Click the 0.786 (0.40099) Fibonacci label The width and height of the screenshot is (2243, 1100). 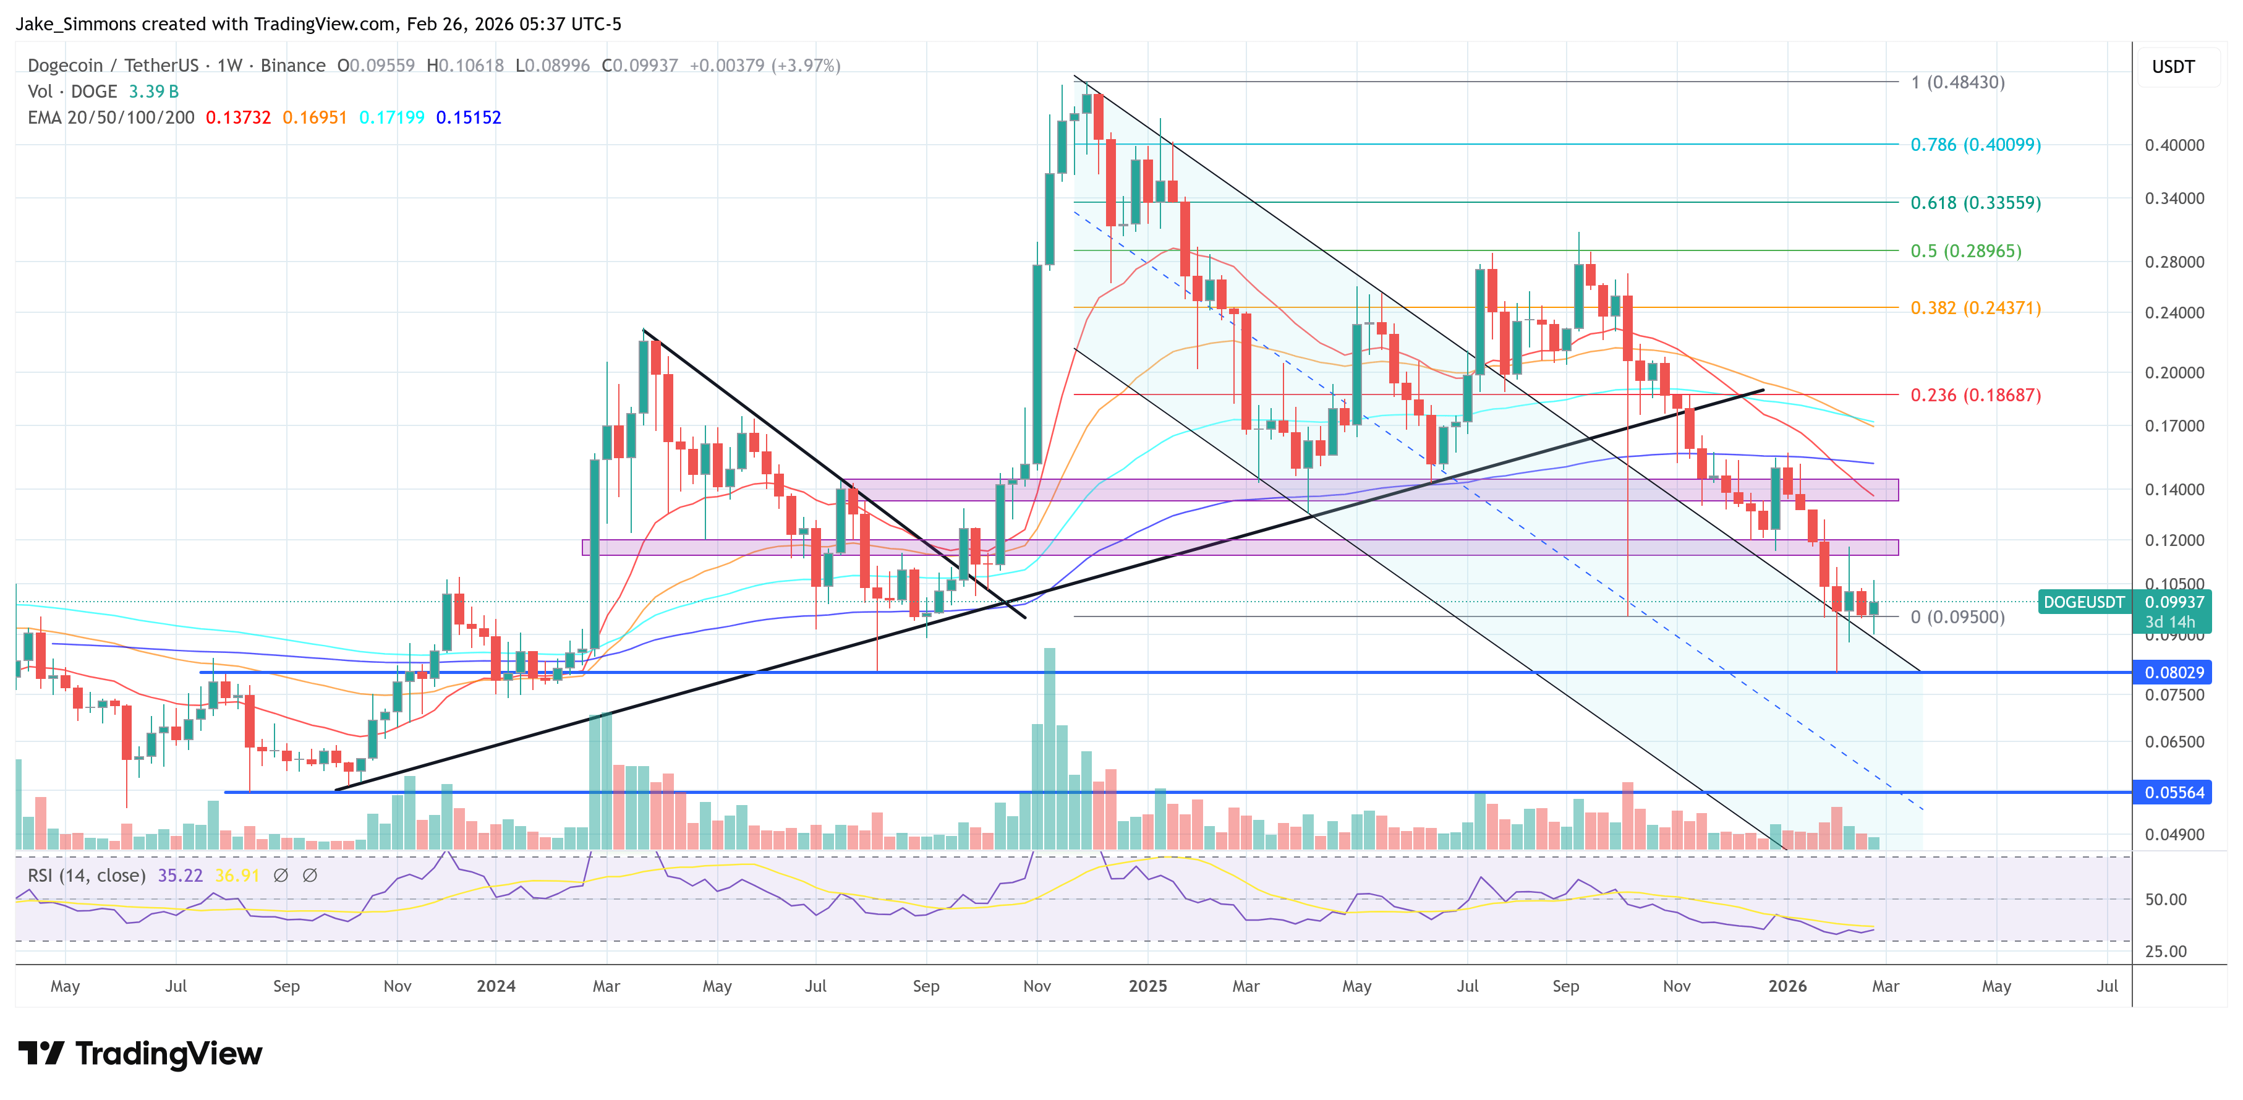click(x=1975, y=145)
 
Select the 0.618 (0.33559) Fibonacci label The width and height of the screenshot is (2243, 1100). click(x=1975, y=203)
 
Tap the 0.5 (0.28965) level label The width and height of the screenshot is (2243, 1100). click(x=1965, y=251)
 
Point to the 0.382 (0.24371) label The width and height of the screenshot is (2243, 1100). click(x=1975, y=309)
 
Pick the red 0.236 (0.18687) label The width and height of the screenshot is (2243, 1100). click(x=1975, y=395)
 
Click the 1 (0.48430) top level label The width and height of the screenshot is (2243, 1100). click(x=1957, y=83)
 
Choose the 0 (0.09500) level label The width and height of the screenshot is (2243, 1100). click(x=1957, y=618)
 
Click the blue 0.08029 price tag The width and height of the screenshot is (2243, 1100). click(x=2173, y=672)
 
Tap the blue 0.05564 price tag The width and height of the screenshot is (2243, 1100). click(x=2173, y=793)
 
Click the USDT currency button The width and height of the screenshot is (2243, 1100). click(x=2173, y=67)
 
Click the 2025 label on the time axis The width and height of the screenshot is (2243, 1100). click(x=1147, y=986)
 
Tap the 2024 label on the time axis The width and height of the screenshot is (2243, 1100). click(x=495, y=986)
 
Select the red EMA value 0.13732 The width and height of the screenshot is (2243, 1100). click(x=237, y=117)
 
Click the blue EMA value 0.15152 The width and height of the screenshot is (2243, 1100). click(x=469, y=117)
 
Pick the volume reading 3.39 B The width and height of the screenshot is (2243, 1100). click(x=153, y=92)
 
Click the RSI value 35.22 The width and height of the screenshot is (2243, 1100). click(x=179, y=876)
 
